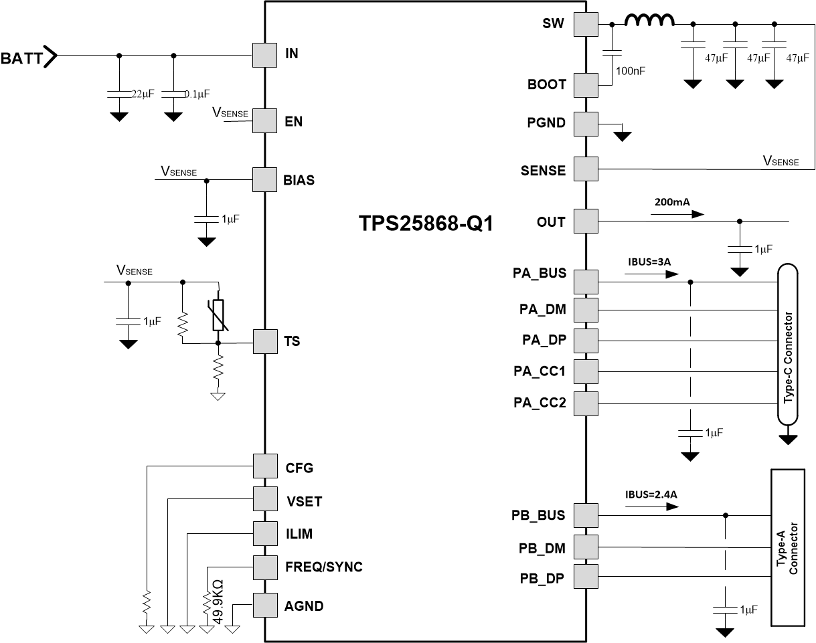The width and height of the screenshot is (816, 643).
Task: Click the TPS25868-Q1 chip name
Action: click(x=426, y=223)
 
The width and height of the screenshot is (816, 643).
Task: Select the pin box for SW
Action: click(x=586, y=24)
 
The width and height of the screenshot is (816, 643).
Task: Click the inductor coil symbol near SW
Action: click(x=649, y=21)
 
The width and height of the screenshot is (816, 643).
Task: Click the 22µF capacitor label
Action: click(x=141, y=94)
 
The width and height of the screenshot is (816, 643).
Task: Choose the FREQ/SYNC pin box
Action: click(x=264, y=567)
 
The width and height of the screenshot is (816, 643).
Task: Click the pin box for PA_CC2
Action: click(x=586, y=403)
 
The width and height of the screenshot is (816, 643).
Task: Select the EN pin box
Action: click(x=264, y=121)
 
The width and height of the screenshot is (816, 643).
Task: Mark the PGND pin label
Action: click(x=546, y=123)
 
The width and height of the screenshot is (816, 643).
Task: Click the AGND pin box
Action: click(x=264, y=606)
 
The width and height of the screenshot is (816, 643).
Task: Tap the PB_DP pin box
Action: click(x=586, y=577)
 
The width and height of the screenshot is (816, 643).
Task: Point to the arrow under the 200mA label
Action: click(x=677, y=214)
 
